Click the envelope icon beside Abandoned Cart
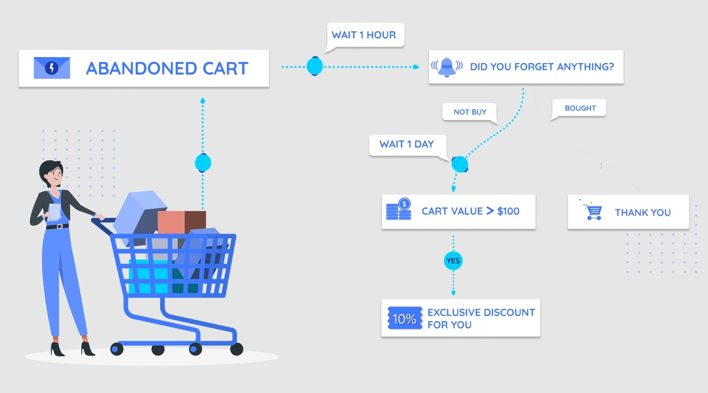(52, 68)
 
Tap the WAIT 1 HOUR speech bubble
(365, 35)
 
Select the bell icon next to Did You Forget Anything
(447, 67)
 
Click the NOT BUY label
(470, 112)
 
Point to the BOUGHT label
(580, 108)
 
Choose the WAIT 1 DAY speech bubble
(408, 145)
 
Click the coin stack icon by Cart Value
(399, 209)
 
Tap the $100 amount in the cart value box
(508, 211)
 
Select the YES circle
(453, 261)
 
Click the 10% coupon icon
(405, 318)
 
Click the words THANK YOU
(642, 212)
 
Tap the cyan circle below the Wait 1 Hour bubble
(315, 66)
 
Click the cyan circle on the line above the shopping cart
(203, 163)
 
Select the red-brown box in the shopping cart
(181, 222)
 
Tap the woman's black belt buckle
(59, 226)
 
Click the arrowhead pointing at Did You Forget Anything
(416, 67)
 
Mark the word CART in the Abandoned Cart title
(225, 68)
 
